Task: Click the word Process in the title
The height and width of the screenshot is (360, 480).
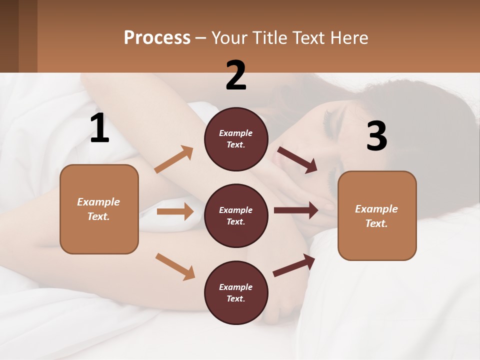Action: tap(157, 37)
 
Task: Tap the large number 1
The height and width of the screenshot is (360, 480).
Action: tap(99, 128)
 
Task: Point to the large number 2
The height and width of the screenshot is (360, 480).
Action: tap(236, 75)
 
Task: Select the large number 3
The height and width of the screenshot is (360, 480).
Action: tap(376, 136)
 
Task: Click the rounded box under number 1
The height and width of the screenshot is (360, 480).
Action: tap(99, 209)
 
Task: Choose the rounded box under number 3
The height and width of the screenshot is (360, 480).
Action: tap(377, 216)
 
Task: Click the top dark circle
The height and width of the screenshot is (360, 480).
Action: tap(236, 139)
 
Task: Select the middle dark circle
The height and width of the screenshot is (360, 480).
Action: tap(236, 215)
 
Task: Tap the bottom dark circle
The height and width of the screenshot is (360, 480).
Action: tap(236, 292)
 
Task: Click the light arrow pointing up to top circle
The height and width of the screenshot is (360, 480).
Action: tap(174, 159)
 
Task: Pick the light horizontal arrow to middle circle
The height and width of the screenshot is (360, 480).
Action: tap(175, 211)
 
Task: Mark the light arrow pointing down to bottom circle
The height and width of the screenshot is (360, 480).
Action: tap(175, 266)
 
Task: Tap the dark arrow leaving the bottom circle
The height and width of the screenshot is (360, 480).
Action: tap(294, 265)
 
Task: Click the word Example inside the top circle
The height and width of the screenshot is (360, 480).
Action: tap(236, 133)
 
